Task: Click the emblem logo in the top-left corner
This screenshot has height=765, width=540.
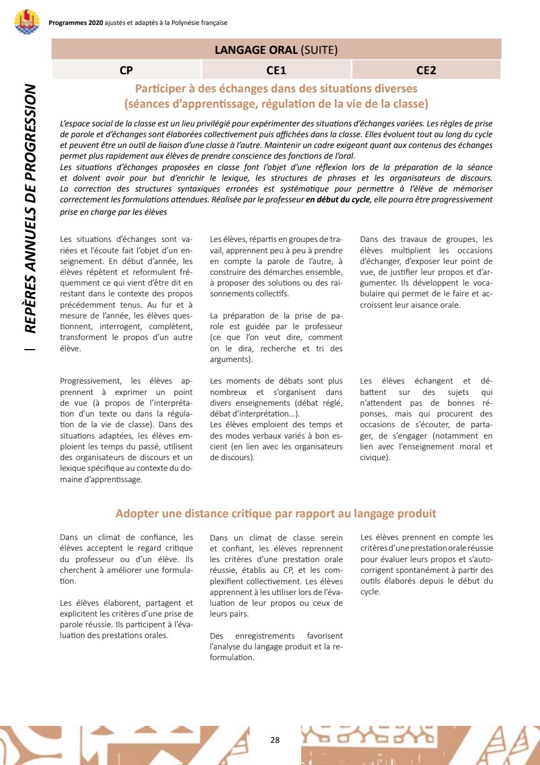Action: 27,22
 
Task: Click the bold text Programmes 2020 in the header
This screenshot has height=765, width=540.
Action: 76,23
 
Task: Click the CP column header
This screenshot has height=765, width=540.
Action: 126,70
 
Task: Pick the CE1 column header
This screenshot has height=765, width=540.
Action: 276,70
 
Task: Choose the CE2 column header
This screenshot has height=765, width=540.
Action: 426,70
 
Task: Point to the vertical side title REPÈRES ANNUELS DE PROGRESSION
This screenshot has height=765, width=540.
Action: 31,208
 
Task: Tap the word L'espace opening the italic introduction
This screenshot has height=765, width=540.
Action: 75,124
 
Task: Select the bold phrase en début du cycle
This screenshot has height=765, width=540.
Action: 338,199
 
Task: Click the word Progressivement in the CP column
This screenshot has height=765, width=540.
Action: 91,381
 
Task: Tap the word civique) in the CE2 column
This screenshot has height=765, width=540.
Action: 375,457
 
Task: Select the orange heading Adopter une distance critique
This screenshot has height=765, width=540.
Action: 276,513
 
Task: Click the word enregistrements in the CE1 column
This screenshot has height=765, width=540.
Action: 265,636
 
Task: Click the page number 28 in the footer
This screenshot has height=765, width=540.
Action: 275,740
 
